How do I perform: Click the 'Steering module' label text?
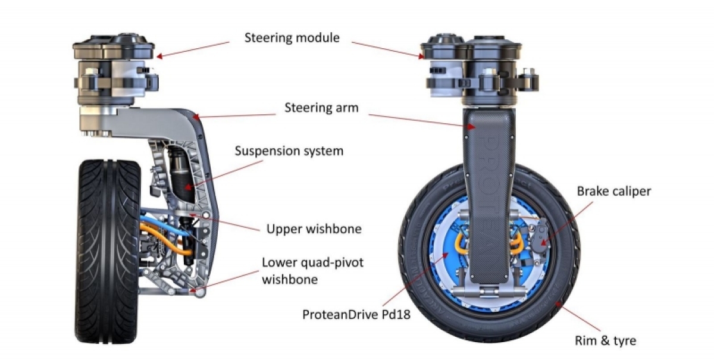tap(292, 38)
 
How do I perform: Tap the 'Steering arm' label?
tap(321, 108)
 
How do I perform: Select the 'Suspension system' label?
tap(289, 151)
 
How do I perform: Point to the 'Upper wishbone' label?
tap(314, 229)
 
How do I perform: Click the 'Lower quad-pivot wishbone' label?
tap(312, 271)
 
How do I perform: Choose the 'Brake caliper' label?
tap(614, 192)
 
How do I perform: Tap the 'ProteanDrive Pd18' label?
tap(356, 315)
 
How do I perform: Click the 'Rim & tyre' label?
tap(605, 340)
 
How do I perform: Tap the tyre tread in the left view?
tap(108, 251)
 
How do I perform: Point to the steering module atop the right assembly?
tap(479, 68)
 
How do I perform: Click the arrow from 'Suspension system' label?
tap(224, 174)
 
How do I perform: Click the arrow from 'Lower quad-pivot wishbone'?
tap(224, 281)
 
